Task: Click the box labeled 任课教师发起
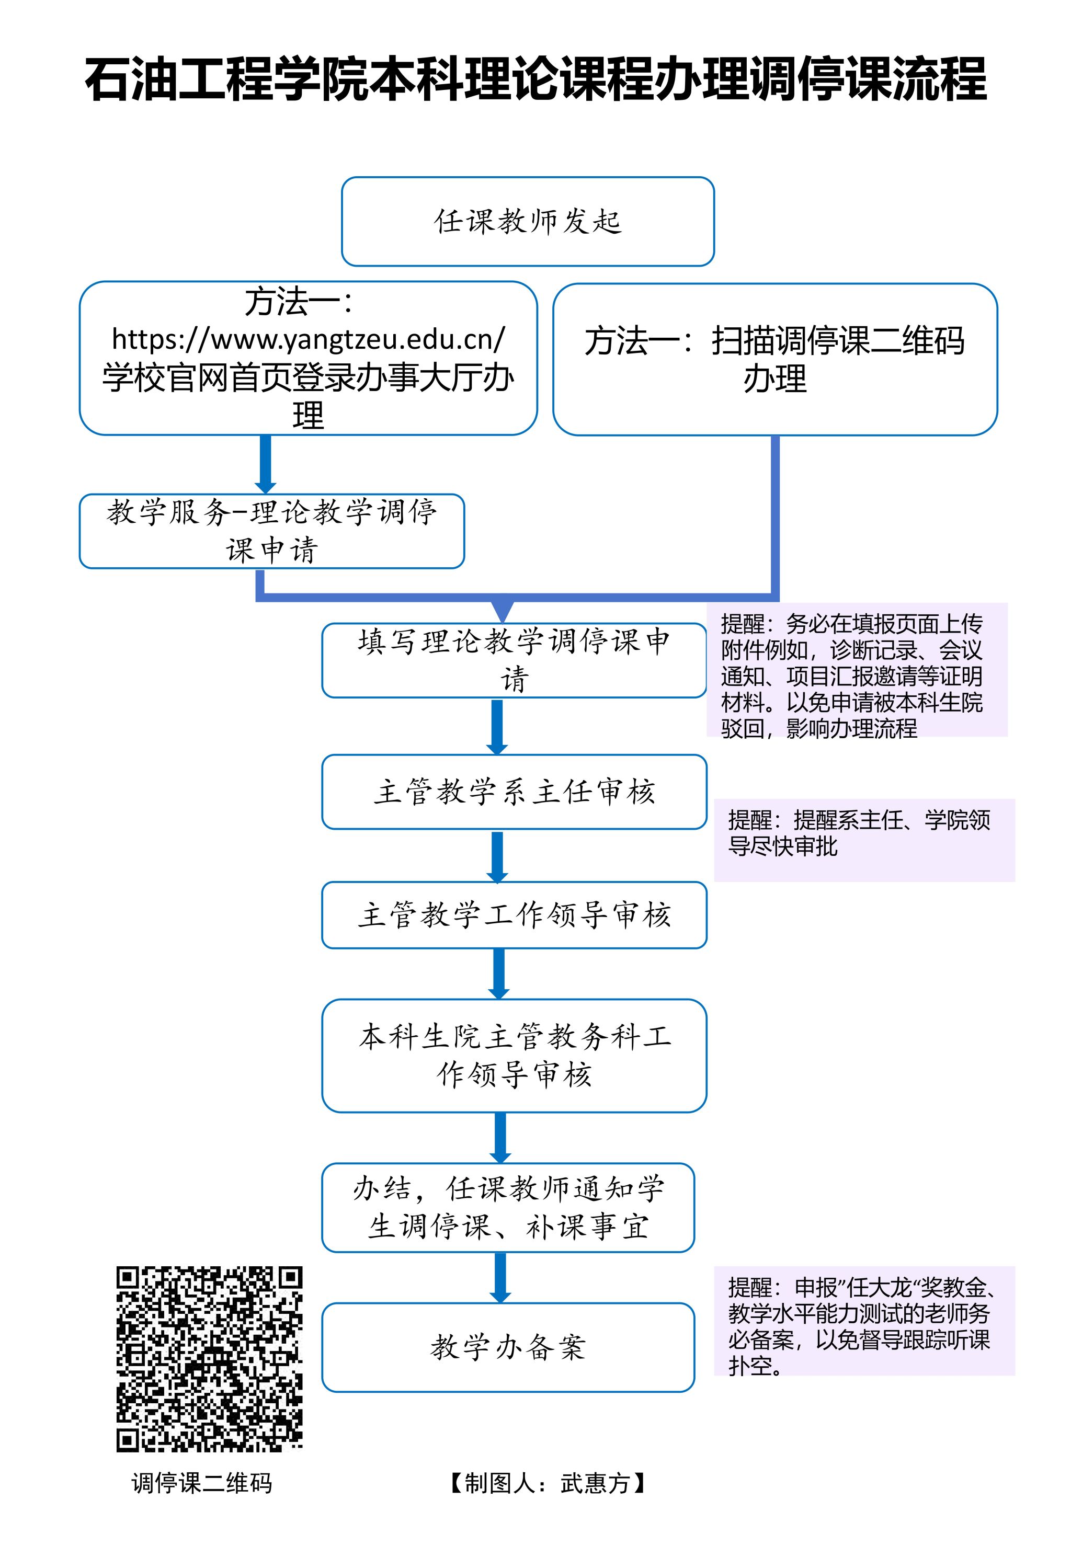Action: coord(528,221)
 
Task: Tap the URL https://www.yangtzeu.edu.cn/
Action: coord(308,339)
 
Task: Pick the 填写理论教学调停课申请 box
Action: coord(514,660)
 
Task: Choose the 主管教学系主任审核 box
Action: coord(514,792)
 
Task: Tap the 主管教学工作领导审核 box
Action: coord(514,915)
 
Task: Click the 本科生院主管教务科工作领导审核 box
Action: coord(514,1055)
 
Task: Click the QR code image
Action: coord(209,1359)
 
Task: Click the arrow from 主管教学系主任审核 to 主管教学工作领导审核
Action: coord(497,856)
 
